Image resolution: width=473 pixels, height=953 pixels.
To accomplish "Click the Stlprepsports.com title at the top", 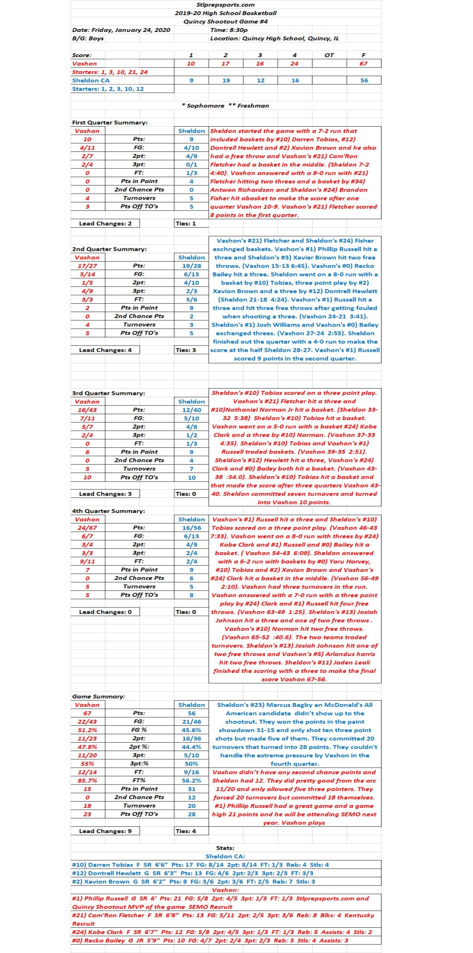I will tap(225, 5).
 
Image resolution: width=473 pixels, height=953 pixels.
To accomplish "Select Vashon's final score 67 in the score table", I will tap(363, 64).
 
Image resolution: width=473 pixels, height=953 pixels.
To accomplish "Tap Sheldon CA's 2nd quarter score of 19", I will tap(226, 80).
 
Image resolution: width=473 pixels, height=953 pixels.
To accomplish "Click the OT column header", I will tap(329, 55).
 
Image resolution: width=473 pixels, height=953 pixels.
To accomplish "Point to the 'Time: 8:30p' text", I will tap(229, 30).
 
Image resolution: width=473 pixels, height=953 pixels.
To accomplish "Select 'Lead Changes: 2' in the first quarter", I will tap(105, 224).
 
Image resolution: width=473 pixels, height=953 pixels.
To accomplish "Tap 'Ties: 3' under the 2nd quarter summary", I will tap(186, 350).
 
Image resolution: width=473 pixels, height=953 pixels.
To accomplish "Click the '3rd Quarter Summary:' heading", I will tap(108, 393).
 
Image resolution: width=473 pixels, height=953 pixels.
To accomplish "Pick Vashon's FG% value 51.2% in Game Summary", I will tap(87, 730).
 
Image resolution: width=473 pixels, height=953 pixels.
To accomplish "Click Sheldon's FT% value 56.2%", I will tap(192, 781).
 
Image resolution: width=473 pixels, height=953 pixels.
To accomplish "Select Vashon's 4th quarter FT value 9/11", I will tap(87, 561).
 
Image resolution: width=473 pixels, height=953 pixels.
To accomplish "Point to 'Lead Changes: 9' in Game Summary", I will tap(105, 831).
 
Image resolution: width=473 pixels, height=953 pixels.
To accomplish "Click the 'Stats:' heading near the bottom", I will tap(225, 848).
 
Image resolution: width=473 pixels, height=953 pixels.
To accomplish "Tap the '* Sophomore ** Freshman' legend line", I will tap(225, 106).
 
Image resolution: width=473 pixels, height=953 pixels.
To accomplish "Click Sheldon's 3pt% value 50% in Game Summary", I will tap(192, 764).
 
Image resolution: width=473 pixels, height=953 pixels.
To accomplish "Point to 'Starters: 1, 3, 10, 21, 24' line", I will tap(110, 72).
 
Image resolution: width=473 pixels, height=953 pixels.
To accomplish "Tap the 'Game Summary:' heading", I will tap(99, 697).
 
